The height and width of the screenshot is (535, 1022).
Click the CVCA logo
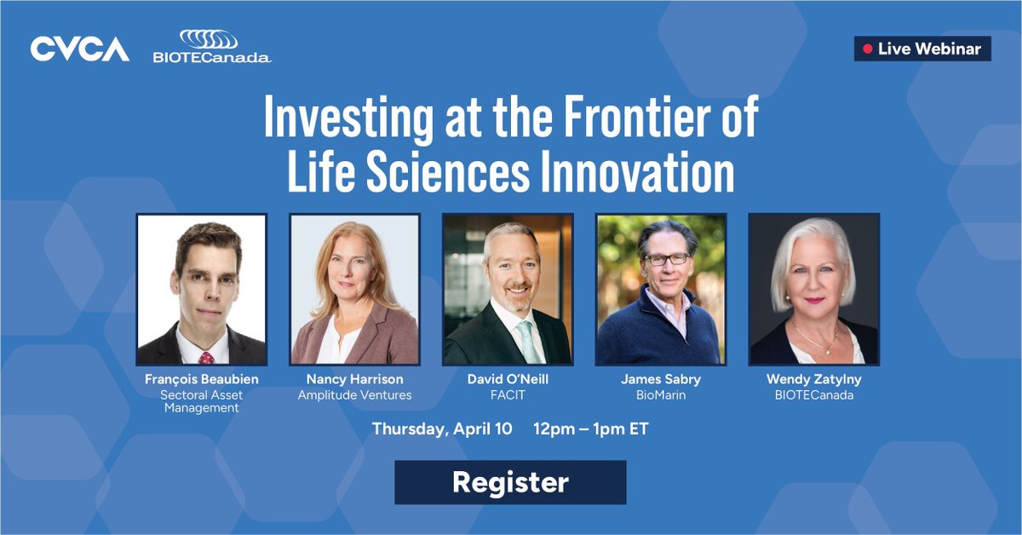(80, 49)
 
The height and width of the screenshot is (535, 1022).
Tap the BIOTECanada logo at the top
(211, 48)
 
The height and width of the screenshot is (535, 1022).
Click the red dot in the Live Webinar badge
(867, 49)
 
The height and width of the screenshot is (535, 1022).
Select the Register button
(510, 483)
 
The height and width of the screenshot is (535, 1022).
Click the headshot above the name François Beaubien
(202, 290)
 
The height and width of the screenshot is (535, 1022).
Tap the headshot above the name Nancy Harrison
(355, 290)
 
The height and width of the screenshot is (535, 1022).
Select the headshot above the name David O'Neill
(508, 290)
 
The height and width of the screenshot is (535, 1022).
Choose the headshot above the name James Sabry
(661, 290)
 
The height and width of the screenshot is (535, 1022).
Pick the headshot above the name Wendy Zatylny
(813, 290)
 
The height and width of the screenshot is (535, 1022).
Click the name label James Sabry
(661, 379)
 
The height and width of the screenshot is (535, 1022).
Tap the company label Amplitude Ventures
(354, 394)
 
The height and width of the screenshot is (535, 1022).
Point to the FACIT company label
(508, 394)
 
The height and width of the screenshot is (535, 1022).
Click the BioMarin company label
(661, 394)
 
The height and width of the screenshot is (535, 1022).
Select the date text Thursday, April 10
(442, 429)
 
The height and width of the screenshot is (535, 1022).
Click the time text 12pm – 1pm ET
(591, 429)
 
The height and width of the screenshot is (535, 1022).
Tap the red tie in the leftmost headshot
(205, 358)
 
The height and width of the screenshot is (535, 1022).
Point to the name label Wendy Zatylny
(813, 379)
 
